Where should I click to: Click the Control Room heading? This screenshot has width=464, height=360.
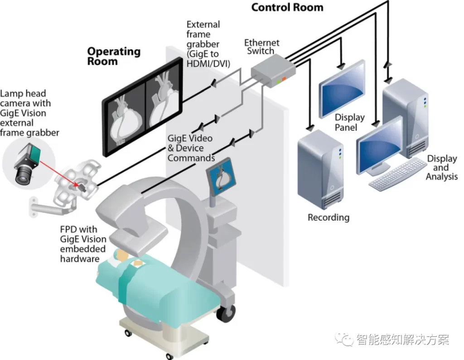coord(287,7)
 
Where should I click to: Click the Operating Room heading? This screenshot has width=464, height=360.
coord(114,56)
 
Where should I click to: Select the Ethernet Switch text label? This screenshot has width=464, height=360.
coord(262,47)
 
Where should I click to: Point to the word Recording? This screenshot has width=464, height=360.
coord(329,217)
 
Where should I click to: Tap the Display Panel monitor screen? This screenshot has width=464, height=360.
coord(342,88)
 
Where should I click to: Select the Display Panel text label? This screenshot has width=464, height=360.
coord(349,122)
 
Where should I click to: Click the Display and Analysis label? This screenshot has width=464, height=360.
coord(442,168)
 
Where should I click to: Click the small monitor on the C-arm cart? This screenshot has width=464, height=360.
coord(221,178)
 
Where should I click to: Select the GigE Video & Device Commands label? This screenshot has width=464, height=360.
coord(191,148)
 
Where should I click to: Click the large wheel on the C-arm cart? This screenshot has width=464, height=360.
coord(226,313)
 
